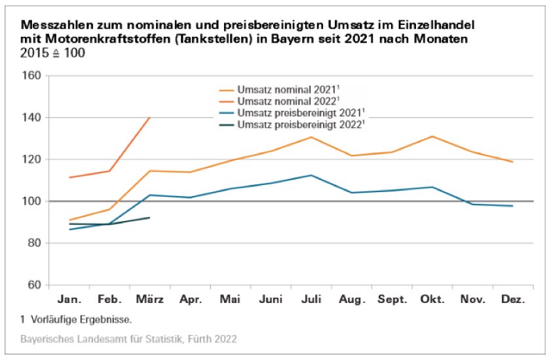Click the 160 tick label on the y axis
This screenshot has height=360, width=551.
[x=32, y=75]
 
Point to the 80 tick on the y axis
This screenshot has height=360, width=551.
[x=35, y=243]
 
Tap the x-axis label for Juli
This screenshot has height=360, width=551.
[x=311, y=300]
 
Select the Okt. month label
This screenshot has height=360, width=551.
[x=432, y=300]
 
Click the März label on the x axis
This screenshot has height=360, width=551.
[x=150, y=300]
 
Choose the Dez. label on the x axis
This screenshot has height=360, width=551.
[x=512, y=300]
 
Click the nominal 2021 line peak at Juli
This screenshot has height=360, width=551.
[x=311, y=137]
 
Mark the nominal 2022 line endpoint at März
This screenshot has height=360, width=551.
[x=150, y=117]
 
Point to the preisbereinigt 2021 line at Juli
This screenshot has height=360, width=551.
[x=311, y=175]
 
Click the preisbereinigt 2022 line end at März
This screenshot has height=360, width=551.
[x=150, y=217]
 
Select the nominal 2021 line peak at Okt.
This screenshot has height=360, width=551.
[x=432, y=136]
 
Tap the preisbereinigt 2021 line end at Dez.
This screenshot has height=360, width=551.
[x=512, y=206]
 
